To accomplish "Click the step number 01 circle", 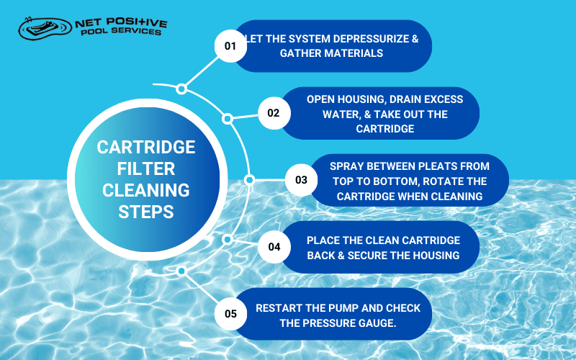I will pos(230,45).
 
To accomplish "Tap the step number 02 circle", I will pos(274,113).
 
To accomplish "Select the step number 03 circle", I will pos(301,180).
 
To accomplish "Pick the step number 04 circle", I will pos(274,247).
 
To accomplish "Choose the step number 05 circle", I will pos(230,313).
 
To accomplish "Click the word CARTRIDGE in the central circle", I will pos(146,147).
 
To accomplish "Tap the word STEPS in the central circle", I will pos(146,213).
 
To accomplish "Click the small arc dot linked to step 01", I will pos(181,89).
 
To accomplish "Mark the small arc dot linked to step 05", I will pos(181,271).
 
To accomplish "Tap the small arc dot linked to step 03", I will pos(249,180).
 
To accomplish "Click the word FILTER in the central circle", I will pos(146,169).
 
